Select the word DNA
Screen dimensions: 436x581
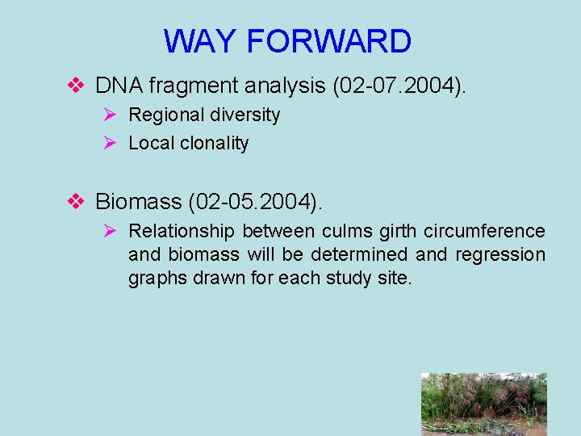[x=115, y=85]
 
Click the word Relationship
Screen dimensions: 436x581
[x=182, y=232]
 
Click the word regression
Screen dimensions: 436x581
[x=500, y=255]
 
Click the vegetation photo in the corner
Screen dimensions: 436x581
[x=483, y=404]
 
